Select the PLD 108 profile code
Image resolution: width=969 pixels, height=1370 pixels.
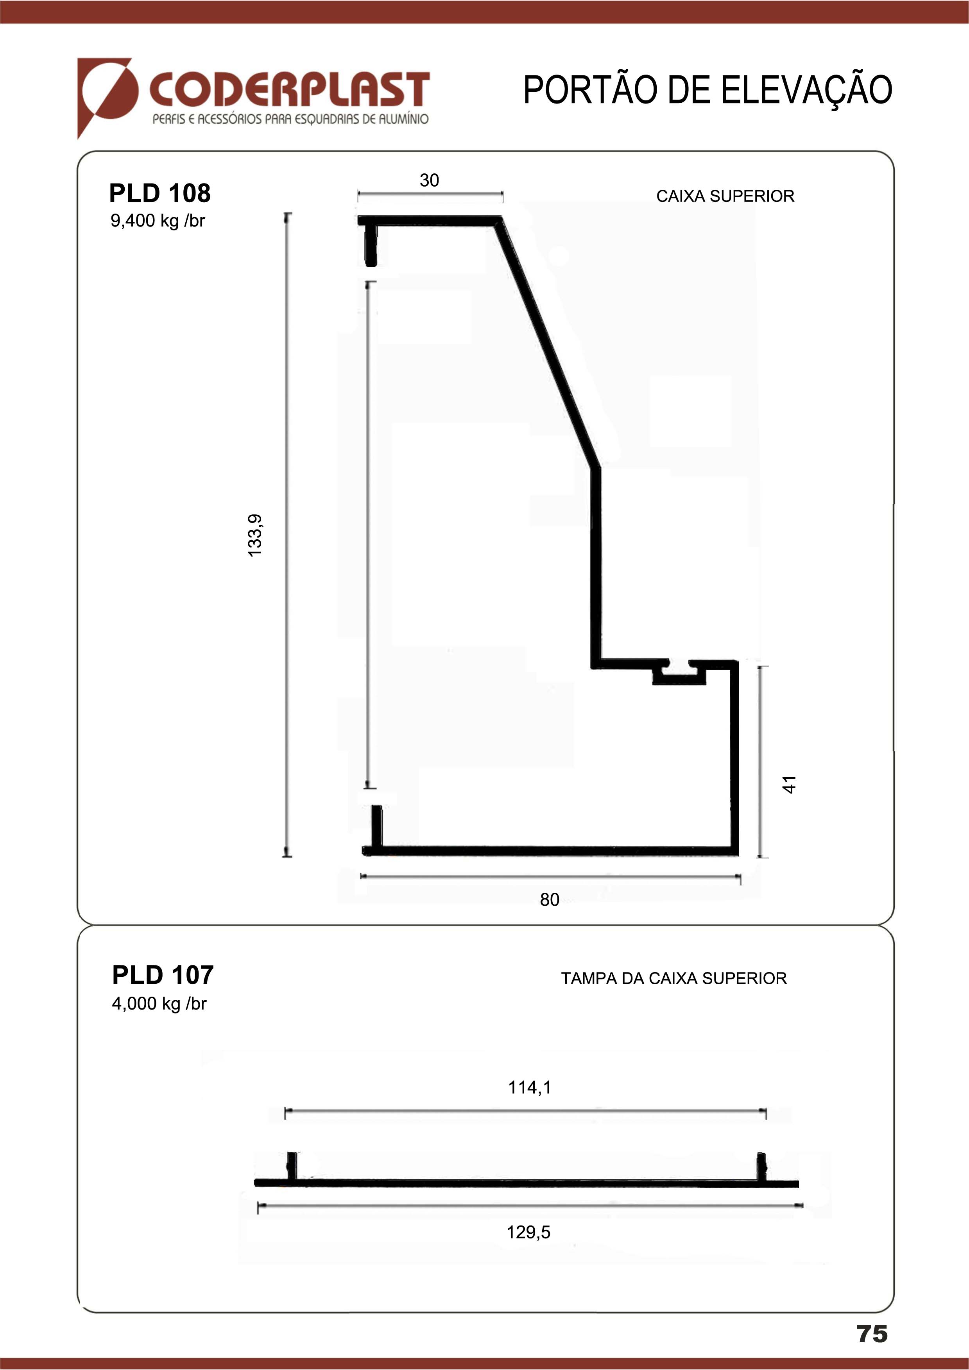(x=159, y=193)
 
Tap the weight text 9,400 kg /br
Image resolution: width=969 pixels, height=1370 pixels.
(x=158, y=221)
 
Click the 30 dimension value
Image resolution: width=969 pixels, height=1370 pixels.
(x=429, y=180)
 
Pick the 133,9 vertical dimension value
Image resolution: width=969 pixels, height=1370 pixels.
(x=255, y=535)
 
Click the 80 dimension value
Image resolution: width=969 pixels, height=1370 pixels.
(x=549, y=899)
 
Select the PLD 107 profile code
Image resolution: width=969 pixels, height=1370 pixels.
(x=162, y=975)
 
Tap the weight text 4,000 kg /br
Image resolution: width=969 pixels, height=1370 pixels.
(x=159, y=1004)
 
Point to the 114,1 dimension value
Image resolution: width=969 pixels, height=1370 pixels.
(x=530, y=1087)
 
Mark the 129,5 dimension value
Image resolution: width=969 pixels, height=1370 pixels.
(x=528, y=1232)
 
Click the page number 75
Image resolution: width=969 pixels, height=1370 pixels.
(x=872, y=1334)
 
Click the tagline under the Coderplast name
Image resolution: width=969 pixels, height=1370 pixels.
(x=290, y=119)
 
